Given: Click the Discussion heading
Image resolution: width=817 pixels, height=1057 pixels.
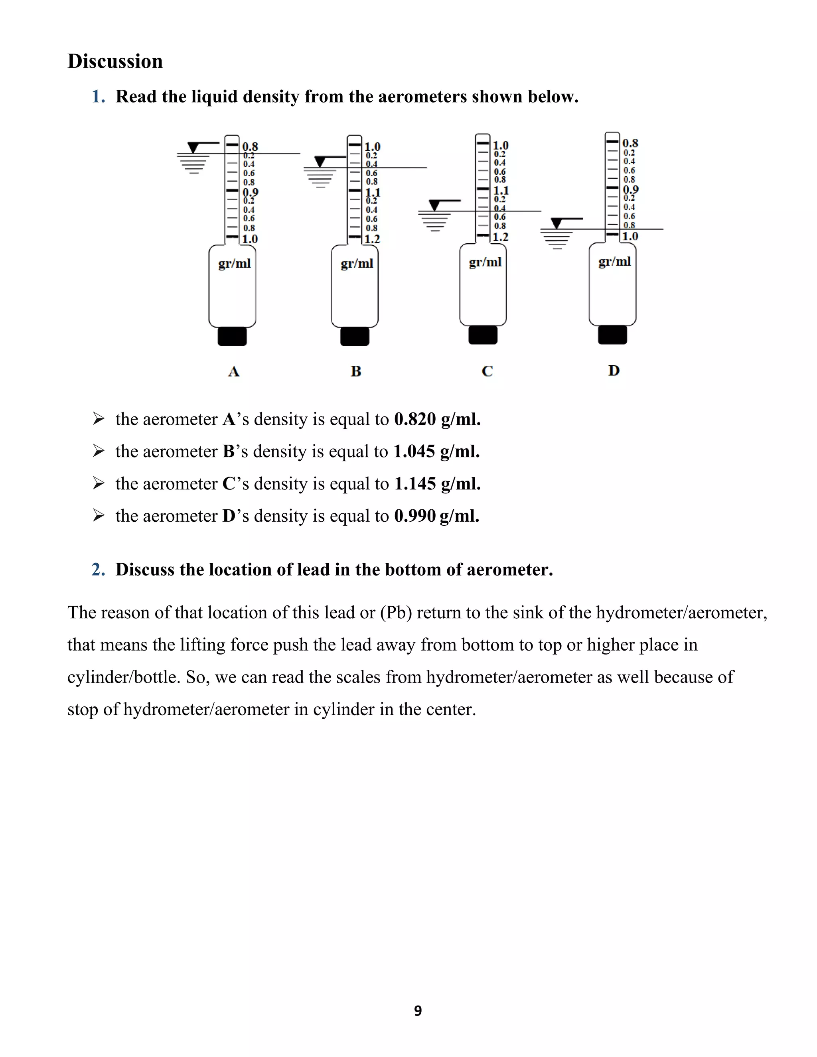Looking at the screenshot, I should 115,61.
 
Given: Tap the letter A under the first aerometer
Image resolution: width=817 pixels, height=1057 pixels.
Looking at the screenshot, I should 234,371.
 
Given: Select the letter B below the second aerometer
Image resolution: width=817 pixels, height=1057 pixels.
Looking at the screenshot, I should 356,371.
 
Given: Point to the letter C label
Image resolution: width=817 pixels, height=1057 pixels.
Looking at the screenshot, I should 487,371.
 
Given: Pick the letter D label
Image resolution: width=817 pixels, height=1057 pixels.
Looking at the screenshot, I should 614,370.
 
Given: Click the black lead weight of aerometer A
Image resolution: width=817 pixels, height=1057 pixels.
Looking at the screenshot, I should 232,336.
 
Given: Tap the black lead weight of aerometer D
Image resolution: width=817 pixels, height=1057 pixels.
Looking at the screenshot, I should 612,334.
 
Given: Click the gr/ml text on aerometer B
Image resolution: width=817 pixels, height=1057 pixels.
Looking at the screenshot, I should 357,263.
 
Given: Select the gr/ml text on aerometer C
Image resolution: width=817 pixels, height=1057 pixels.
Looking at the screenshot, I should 485,262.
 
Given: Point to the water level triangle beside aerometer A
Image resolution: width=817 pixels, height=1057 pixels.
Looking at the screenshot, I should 193,147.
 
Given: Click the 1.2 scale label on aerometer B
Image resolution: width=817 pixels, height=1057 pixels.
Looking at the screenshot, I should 372,239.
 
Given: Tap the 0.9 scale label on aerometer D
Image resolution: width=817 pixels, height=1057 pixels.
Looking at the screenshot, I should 630,189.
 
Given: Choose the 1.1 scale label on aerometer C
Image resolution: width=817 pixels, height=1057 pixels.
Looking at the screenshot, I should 501,190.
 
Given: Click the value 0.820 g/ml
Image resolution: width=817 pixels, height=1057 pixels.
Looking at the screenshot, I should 437,419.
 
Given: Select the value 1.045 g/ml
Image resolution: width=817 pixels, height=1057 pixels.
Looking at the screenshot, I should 436,452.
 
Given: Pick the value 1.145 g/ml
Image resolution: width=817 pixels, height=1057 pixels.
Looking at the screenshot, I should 437,484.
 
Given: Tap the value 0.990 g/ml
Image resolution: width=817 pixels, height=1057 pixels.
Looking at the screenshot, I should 436,516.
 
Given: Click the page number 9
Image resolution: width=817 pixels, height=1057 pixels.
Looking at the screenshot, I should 418,1011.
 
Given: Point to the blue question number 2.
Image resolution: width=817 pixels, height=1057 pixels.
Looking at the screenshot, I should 98,570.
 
